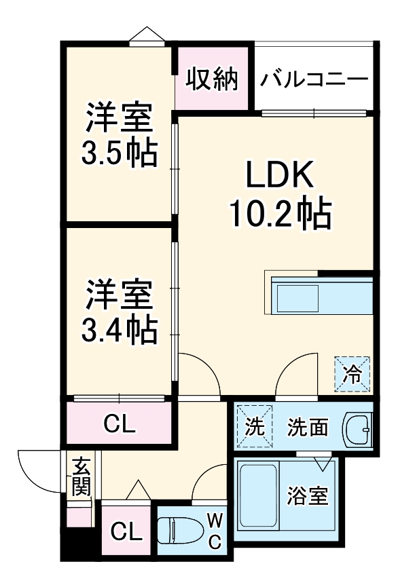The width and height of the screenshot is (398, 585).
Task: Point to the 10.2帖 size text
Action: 279,214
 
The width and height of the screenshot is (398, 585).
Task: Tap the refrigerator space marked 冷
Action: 352,374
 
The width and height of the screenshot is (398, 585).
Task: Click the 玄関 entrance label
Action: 82,476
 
